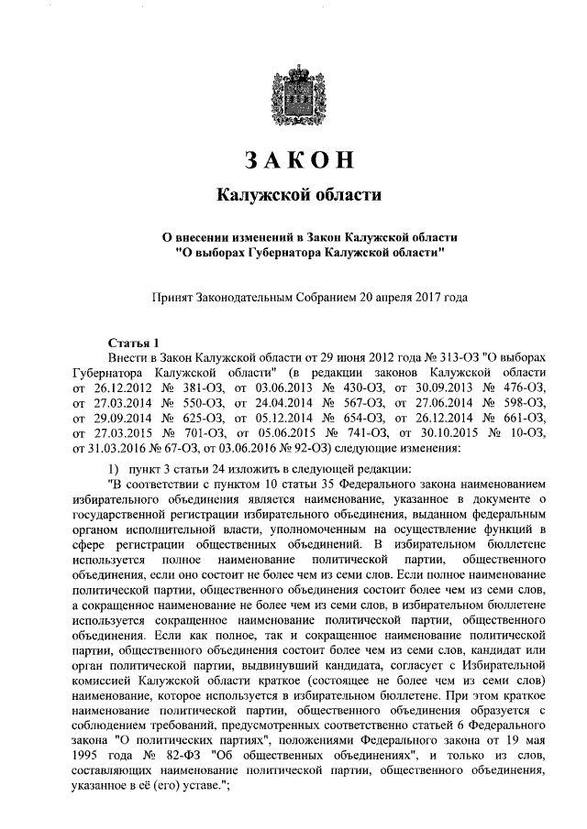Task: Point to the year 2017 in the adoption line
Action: click(423, 297)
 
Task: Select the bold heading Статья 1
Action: click(134, 342)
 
